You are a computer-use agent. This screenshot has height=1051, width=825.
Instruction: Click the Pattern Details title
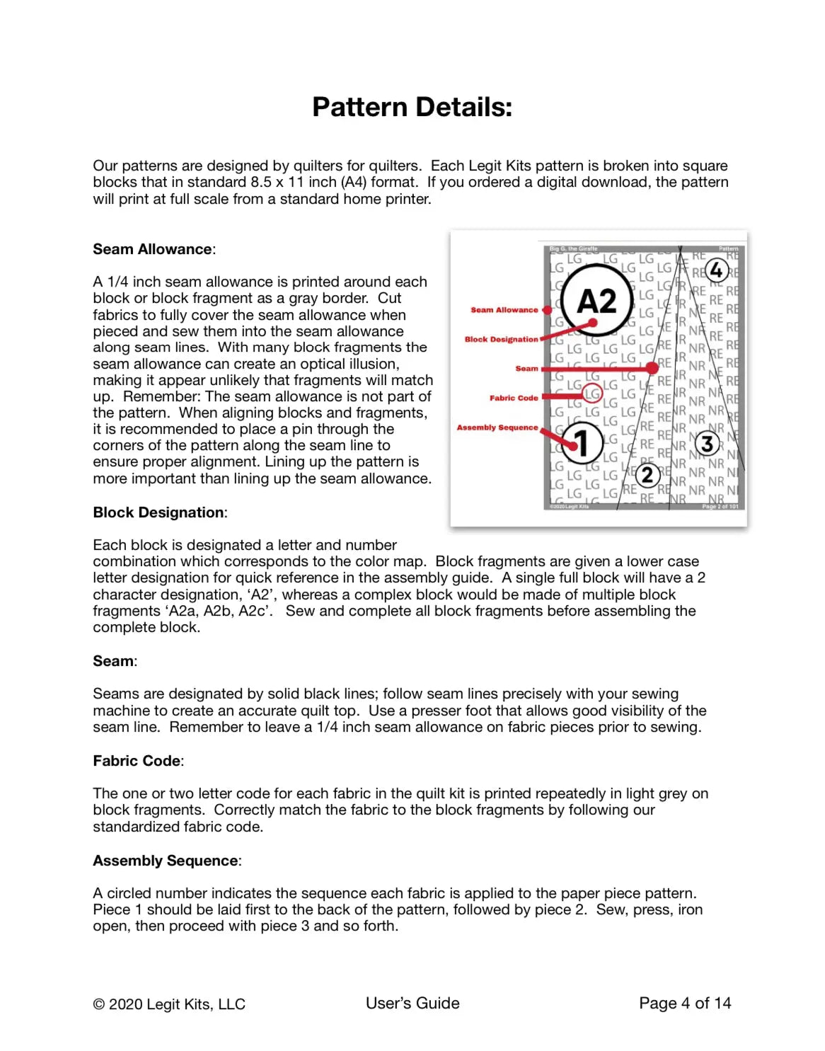pos(412,108)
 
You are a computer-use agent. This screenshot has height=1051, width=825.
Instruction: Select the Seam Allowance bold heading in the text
pos(153,249)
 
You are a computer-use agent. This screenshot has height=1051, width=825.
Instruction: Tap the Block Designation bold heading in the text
pos(158,512)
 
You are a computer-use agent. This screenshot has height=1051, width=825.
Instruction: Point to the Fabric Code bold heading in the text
pos(137,761)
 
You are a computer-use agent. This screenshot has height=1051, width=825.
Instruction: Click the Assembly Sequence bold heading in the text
pos(166,861)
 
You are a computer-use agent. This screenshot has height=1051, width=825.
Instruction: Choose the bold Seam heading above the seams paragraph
pos(113,661)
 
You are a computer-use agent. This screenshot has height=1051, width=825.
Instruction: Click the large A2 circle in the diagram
pos(596,301)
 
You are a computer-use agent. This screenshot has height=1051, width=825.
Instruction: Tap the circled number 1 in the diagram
pos(582,443)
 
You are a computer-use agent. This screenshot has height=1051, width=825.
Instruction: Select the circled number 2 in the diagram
pos(647,475)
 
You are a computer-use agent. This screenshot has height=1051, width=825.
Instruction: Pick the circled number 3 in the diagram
pos(707,444)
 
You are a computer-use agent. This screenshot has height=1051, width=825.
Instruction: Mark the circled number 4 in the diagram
pos(717,270)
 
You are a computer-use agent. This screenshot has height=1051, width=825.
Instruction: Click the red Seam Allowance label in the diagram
pos(504,310)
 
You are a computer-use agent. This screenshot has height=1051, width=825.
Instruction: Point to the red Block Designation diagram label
pos(501,340)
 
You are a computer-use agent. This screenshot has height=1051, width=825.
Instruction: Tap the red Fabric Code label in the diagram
pos(514,398)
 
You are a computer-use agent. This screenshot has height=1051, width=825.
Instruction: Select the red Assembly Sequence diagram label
pos(497,427)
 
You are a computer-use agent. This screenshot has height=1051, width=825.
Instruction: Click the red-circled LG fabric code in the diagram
pos(592,393)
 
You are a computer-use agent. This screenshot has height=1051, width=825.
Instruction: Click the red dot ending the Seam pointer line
pos(652,368)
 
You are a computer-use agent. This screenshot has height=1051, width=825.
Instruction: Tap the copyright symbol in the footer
pos(99,1004)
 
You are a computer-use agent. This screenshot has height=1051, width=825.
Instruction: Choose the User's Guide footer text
pos(412,1003)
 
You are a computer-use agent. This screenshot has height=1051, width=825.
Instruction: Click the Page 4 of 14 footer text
pos(685,1003)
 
